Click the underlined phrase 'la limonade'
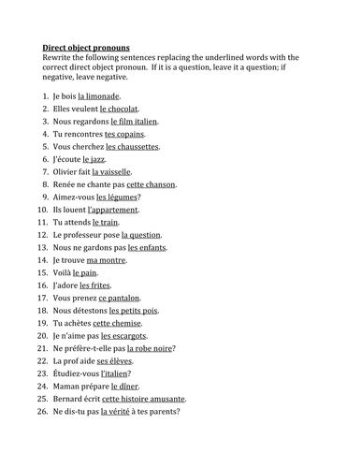(x=100, y=95)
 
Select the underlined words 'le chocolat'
(x=120, y=109)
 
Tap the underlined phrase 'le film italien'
(x=135, y=121)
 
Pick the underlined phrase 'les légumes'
(x=118, y=197)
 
